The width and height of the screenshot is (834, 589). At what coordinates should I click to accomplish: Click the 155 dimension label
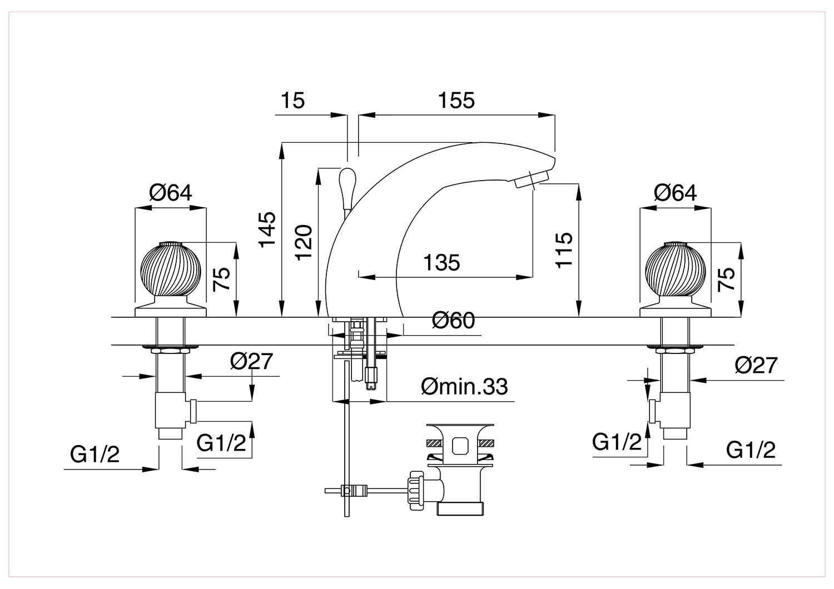point(456,101)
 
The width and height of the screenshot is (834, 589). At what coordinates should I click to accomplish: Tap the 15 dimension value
point(292,101)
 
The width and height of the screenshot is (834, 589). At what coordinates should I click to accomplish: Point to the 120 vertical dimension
point(304,243)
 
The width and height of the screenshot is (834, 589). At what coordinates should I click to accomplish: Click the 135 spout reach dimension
point(441,263)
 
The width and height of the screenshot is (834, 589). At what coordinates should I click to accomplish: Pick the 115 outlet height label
point(564,249)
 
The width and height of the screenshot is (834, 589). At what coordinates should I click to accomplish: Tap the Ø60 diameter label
point(454,321)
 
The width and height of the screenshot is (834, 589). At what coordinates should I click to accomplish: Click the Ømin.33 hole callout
point(464,387)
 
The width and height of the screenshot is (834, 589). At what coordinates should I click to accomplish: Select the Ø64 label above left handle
point(171,193)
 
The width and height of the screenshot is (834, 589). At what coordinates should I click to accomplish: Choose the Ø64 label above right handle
point(676,193)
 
